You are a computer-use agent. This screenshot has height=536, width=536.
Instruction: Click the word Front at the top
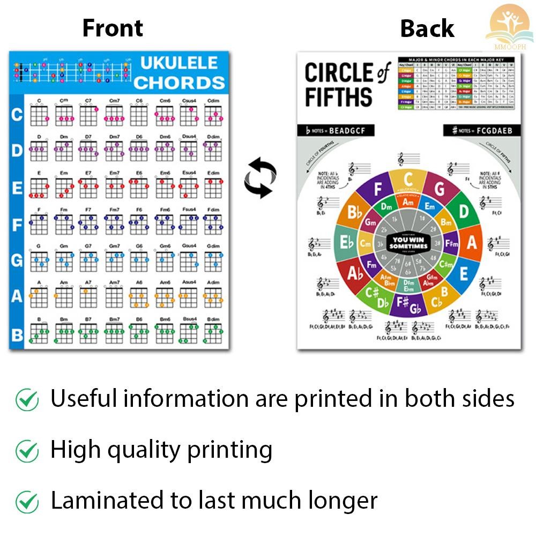coord(113,28)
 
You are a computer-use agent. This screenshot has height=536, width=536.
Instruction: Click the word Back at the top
coord(427,28)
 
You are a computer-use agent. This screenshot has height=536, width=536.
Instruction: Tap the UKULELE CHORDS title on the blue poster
coord(179,72)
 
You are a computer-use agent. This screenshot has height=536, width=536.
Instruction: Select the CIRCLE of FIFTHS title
coord(346,85)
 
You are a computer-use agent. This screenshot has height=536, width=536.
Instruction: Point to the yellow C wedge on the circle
coord(408,181)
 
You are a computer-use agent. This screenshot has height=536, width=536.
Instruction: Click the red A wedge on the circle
coord(472,243)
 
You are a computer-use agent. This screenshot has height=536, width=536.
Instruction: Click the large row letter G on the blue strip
coord(17,261)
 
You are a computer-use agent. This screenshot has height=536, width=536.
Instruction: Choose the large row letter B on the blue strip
coord(17,335)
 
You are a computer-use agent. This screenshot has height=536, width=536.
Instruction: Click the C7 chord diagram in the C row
coord(88,115)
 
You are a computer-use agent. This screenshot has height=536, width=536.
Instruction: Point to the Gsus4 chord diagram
coord(188,260)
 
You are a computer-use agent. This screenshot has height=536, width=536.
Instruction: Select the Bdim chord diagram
coord(213,333)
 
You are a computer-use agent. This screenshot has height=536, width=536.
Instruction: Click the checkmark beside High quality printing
coord(27,451)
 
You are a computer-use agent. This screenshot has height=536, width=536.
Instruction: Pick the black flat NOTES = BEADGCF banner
coord(335,130)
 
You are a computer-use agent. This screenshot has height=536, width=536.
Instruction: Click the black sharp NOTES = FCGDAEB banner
coord(482,130)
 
